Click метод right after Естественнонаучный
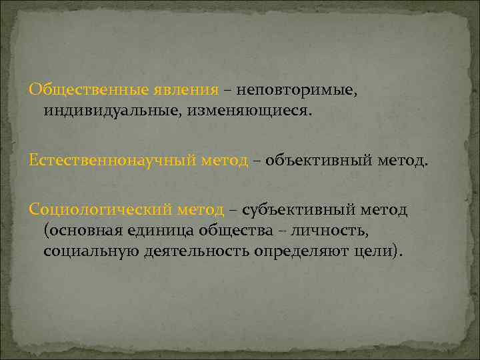pyautogui.click(x=221, y=160)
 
